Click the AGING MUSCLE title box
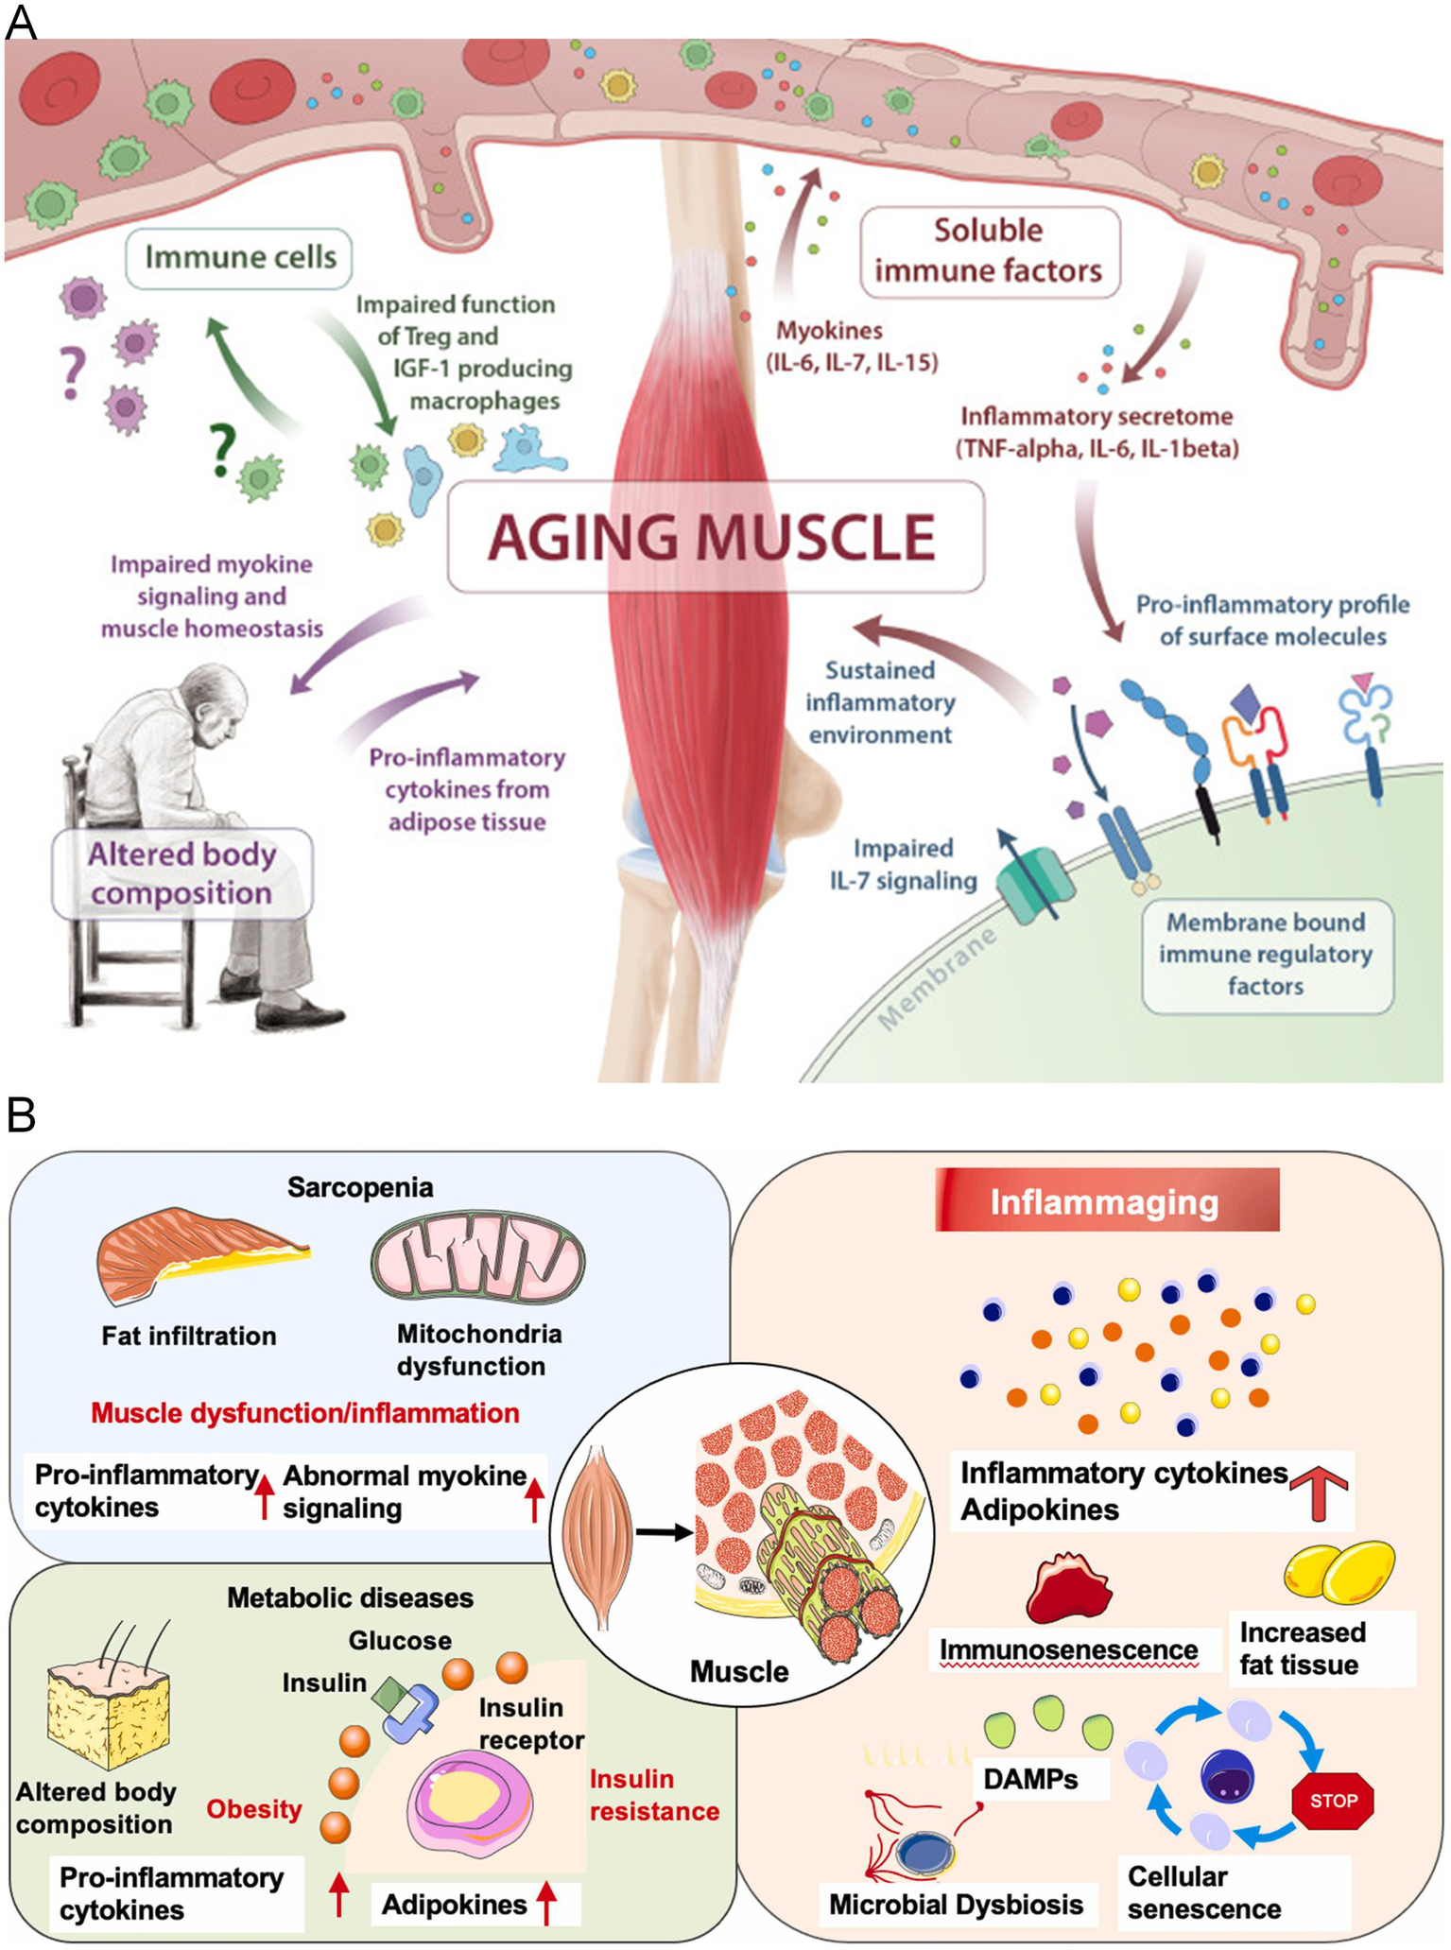716,536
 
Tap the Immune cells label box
239,257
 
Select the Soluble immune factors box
989,250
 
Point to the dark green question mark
222,449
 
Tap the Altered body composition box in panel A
181,873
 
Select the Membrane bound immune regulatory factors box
1266,954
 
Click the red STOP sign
1332,1800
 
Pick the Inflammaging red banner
1106,1200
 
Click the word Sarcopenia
360,1187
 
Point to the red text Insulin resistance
653,1794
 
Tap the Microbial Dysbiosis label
956,1904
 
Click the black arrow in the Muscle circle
664,1532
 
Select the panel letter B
21,1115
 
